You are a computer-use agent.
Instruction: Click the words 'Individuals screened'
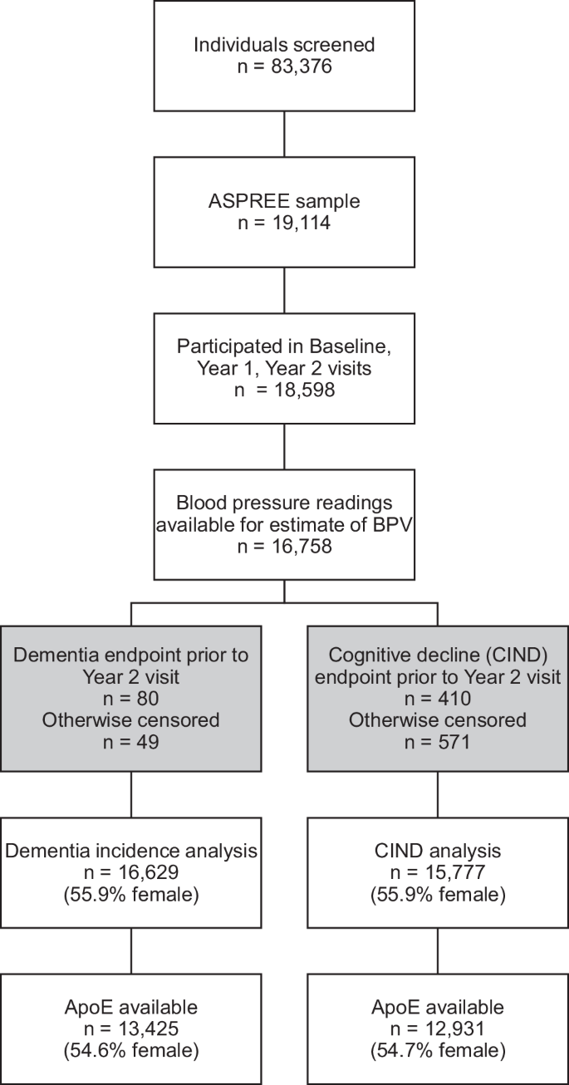click(x=285, y=44)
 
